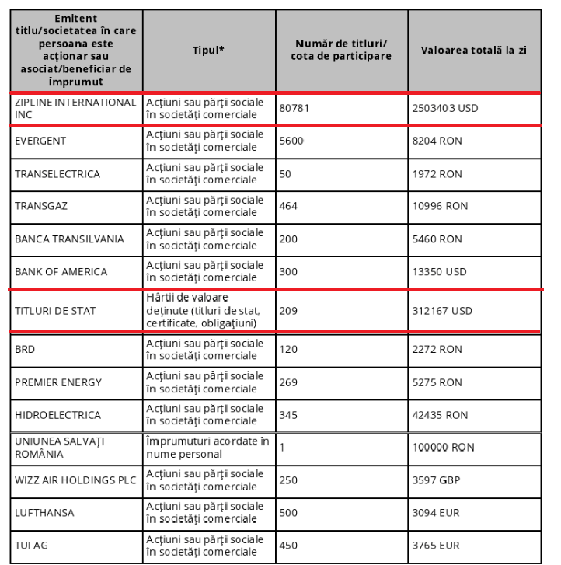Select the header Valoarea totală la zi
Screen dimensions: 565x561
(x=473, y=50)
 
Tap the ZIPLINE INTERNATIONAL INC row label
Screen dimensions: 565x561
(x=75, y=109)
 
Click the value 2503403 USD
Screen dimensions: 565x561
(x=445, y=109)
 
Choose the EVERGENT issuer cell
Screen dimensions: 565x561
(x=40, y=141)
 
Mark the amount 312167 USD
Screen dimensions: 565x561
(x=442, y=311)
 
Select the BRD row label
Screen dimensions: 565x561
(x=25, y=350)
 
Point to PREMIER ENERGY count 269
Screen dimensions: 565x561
(x=289, y=382)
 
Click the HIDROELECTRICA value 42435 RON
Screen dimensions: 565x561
(x=440, y=415)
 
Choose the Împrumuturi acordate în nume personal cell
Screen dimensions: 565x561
(x=207, y=448)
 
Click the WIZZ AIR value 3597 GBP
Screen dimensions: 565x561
(x=436, y=480)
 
